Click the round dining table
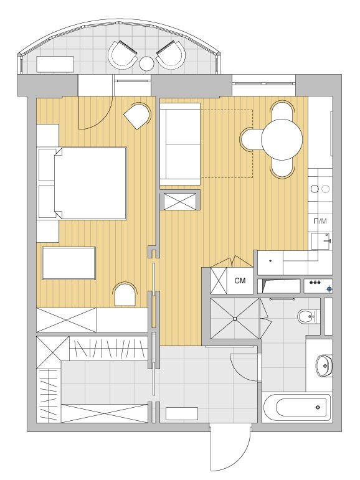282,139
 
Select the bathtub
297,407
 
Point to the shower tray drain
235,319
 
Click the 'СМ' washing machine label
240,280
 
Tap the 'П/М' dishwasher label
320,221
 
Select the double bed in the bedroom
90,183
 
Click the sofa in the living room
180,144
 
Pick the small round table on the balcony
147,64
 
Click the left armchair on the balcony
123,55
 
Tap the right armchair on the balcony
171,55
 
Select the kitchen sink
321,241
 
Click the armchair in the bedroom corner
138,116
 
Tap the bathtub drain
318,407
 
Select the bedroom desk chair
125,294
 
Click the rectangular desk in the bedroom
69,263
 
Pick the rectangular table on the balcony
55,64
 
